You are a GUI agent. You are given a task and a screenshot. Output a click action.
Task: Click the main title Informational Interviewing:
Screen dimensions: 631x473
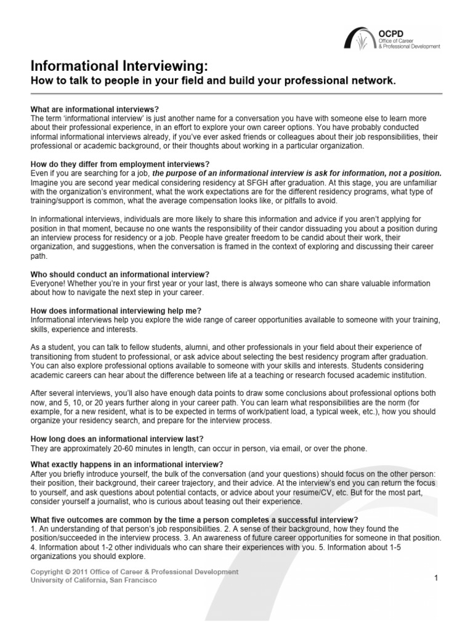click(x=115, y=66)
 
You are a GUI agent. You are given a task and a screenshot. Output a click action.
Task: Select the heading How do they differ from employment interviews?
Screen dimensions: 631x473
click(x=120, y=165)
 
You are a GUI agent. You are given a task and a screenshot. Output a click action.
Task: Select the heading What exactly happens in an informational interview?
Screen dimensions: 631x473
click(x=127, y=464)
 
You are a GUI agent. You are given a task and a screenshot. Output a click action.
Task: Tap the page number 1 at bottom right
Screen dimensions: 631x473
click(x=435, y=578)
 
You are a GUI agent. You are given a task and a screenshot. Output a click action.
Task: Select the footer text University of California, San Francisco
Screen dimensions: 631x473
click(x=94, y=580)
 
